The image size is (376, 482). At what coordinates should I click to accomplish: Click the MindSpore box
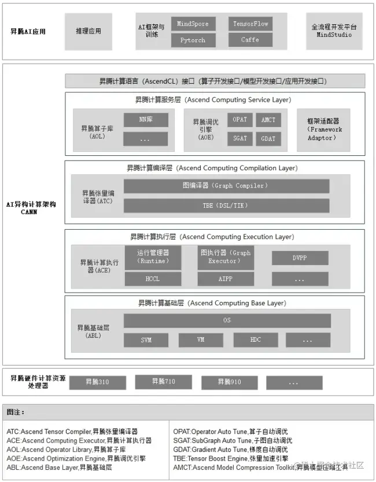point(193,24)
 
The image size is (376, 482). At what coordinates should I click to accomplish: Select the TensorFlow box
point(250,24)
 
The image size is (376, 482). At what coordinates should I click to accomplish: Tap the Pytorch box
point(193,40)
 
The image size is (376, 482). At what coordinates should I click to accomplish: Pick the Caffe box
point(250,40)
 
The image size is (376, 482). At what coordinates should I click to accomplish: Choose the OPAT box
point(240,120)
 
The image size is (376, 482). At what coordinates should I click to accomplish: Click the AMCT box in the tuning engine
point(268,120)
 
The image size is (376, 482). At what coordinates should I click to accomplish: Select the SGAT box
point(240,139)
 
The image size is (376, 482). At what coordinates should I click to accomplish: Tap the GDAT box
point(268,139)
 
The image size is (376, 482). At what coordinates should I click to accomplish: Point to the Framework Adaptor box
point(324,130)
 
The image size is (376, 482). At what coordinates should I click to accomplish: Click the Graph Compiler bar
point(226,186)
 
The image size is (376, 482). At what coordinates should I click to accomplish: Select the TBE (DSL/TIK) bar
point(226,205)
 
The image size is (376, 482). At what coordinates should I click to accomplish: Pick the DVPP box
point(300,258)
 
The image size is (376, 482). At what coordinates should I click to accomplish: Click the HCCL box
point(153,279)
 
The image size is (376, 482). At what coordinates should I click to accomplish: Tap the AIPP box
point(226,279)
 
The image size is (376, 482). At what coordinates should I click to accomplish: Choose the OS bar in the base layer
point(227,320)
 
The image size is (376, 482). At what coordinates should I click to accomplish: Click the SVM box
point(146,340)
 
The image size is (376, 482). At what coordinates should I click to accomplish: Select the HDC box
point(256,340)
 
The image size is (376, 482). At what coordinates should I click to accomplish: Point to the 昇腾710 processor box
point(163,382)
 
